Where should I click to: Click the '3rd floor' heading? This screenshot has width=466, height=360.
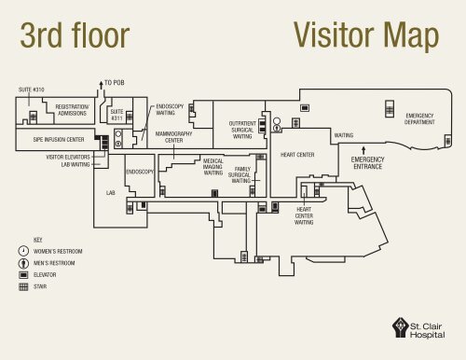pyautogui.click(x=75, y=35)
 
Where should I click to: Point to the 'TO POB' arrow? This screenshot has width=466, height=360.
pyautogui.click(x=101, y=85)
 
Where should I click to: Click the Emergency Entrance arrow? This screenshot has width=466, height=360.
pyautogui.click(x=363, y=151)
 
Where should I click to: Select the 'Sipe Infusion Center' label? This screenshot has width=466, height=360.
pyautogui.click(x=59, y=140)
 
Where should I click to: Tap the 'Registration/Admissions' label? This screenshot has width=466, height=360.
pyautogui.click(x=72, y=110)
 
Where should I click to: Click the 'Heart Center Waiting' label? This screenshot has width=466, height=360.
pyautogui.click(x=304, y=215)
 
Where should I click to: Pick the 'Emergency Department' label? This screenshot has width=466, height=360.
pyautogui.click(x=419, y=118)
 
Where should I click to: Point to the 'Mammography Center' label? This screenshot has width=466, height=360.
pyautogui.click(x=174, y=137)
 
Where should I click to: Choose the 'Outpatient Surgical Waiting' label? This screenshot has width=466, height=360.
pyautogui.click(x=242, y=130)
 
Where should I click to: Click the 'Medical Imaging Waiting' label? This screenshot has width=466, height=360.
pyautogui.click(x=213, y=167)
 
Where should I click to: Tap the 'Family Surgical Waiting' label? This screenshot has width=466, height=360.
pyautogui.click(x=240, y=174)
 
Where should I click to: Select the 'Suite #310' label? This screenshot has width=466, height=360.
pyautogui.click(x=32, y=90)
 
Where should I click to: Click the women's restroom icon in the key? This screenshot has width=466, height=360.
pyautogui.click(x=23, y=251)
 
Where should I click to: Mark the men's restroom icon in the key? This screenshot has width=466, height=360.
pyautogui.click(x=23, y=263)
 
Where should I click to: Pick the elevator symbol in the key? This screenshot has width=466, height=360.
pyautogui.click(x=23, y=275)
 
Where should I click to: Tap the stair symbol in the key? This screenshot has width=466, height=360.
pyautogui.click(x=23, y=286)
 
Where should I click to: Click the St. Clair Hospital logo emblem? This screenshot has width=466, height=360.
pyautogui.click(x=401, y=327)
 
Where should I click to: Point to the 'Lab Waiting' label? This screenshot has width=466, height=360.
pyautogui.click(x=75, y=164)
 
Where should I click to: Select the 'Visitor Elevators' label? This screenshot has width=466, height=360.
pyautogui.click(x=68, y=157)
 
